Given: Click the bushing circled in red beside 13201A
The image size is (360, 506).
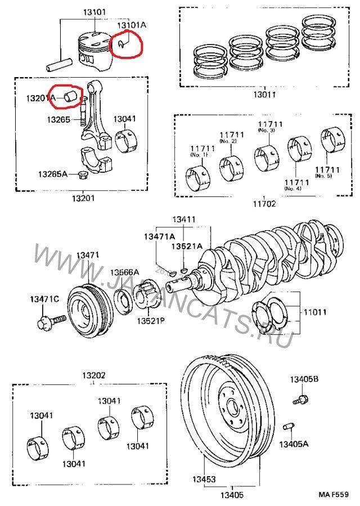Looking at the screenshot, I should pyautogui.click(x=71, y=96).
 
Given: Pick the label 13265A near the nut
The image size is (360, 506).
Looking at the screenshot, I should pyautogui.click(x=52, y=174).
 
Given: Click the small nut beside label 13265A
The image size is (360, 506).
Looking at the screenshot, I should pyautogui.click(x=81, y=174).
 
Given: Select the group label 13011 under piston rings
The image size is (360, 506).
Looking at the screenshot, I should pyautogui.click(x=264, y=95).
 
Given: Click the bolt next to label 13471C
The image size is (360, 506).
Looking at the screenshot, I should pyautogui.click(x=47, y=323).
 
